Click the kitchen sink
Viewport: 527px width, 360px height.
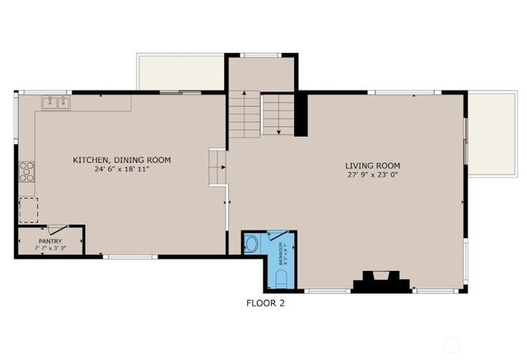[x=57, y=103]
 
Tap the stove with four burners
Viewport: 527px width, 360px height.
[x=27, y=171]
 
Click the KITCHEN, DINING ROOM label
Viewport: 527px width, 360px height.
[x=122, y=160]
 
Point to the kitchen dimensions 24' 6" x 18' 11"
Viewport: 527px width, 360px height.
[x=122, y=171]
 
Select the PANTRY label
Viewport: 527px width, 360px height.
[x=50, y=241]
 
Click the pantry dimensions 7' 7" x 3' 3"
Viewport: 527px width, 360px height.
[x=50, y=248]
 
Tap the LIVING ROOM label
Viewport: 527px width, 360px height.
[x=373, y=166]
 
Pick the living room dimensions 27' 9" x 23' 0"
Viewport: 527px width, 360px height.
[x=373, y=176]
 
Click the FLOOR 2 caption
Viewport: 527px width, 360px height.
[x=266, y=302]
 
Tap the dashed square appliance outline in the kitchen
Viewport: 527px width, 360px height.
[x=29, y=209]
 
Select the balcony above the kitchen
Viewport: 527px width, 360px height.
[x=180, y=72]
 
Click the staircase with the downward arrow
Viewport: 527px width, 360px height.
[x=279, y=115]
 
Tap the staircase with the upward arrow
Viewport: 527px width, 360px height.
[x=245, y=115]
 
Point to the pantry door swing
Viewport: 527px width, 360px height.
[x=58, y=230]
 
